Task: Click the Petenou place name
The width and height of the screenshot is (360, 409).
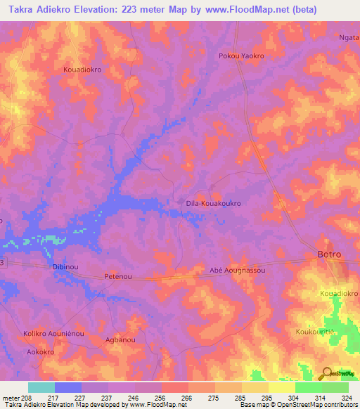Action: [x=119, y=277]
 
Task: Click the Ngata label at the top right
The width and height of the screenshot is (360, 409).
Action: [x=349, y=38]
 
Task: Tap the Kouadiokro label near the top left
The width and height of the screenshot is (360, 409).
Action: [x=83, y=70]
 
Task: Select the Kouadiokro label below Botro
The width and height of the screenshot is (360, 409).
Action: [x=339, y=292]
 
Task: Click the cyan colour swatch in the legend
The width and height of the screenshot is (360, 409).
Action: [x=41, y=387]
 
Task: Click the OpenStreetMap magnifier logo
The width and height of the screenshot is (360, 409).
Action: [x=327, y=373]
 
